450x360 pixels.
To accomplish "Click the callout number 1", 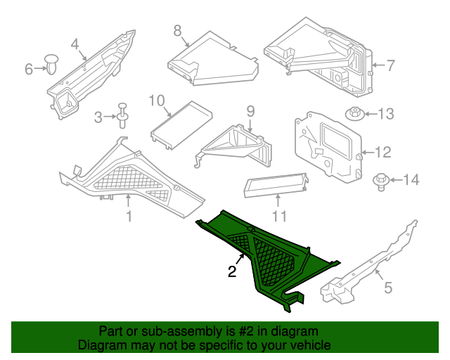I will (129, 217).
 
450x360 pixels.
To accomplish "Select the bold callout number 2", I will (231, 272).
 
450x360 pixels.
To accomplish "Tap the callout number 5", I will (387, 287).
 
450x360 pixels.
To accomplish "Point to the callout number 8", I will (177, 30).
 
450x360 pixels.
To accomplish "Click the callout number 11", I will (280, 216).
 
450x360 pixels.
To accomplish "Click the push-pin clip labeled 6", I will (53, 64).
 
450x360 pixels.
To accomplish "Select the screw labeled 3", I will (124, 114).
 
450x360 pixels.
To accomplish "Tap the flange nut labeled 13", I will (355, 114).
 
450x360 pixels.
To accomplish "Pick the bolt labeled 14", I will (380, 181).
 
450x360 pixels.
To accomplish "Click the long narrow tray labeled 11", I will (276, 185).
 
